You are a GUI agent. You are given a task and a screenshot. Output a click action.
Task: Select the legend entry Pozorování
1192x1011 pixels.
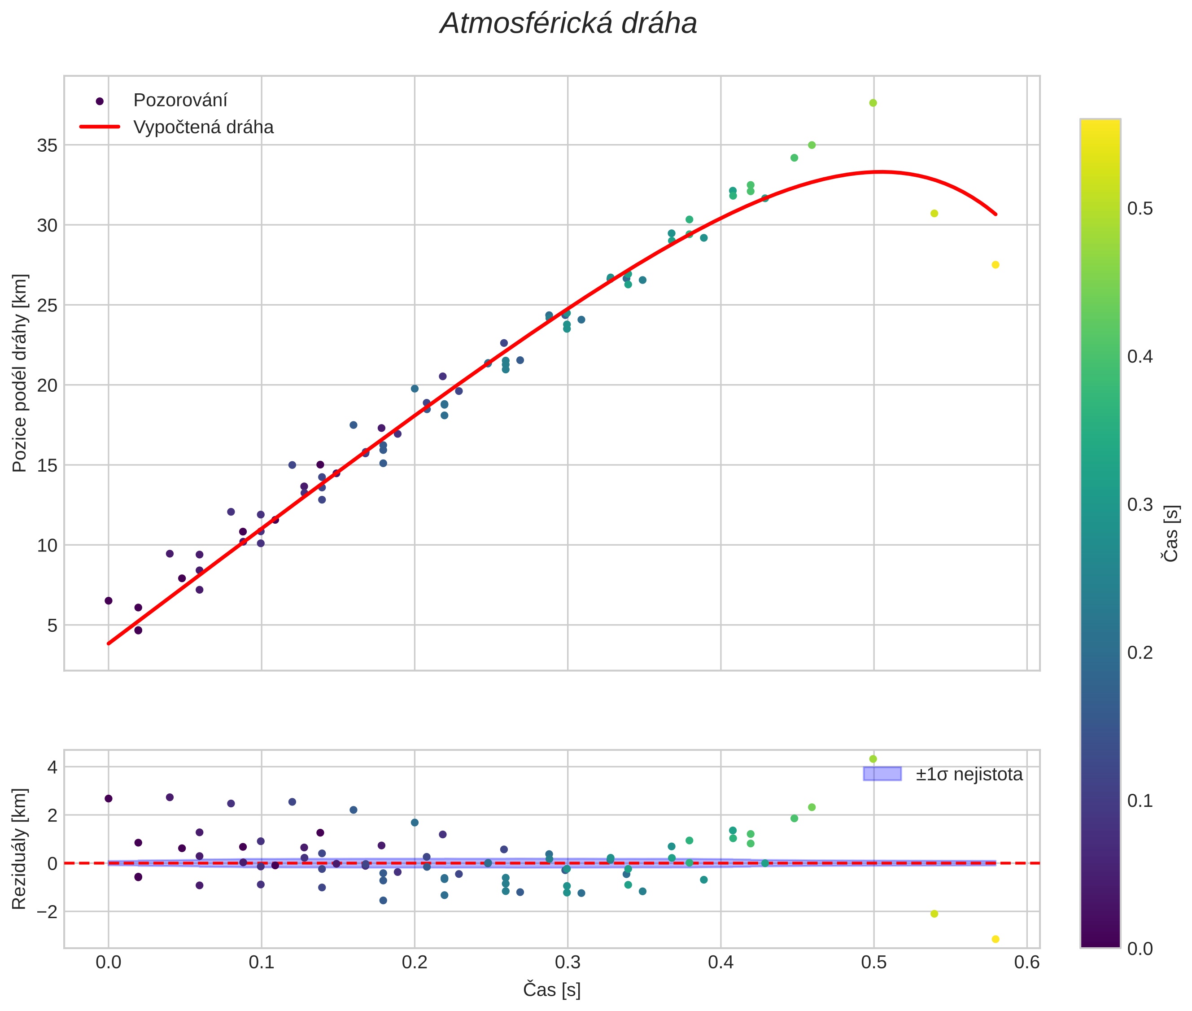pyautogui.click(x=180, y=101)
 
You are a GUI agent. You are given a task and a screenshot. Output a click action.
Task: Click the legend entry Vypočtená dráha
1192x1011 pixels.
pyautogui.click(x=203, y=127)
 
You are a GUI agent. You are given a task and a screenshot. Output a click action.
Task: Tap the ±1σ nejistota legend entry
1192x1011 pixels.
pyautogui.click(x=968, y=775)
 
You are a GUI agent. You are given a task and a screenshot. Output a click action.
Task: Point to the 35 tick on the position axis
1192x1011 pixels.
pyautogui.click(x=48, y=145)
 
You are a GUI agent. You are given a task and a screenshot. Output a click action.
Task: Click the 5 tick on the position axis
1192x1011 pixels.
pyautogui.click(x=52, y=625)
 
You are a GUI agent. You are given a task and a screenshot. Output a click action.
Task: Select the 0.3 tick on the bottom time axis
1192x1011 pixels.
pyautogui.click(x=568, y=962)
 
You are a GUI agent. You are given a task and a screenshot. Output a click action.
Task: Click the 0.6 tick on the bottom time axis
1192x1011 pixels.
pyautogui.click(x=1026, y=962)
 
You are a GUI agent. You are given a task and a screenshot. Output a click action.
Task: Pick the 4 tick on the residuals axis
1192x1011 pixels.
pyautogui.click(x=52, y=767)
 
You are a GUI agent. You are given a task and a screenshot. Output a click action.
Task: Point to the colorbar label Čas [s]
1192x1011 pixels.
pyautogui.click(x=1171, y=533)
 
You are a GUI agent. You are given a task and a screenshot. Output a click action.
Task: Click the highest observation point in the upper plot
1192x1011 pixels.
pyautogui.click(x=873, y=103)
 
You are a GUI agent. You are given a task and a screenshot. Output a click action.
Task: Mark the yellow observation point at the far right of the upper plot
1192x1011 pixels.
pyautogui.click(x=996, y=265)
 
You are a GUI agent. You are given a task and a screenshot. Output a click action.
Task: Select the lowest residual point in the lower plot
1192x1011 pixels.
pyautogui.click(x=996, y=939)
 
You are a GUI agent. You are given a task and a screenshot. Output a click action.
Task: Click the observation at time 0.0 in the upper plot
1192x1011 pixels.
pyautogui.click(x=108, y=601)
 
